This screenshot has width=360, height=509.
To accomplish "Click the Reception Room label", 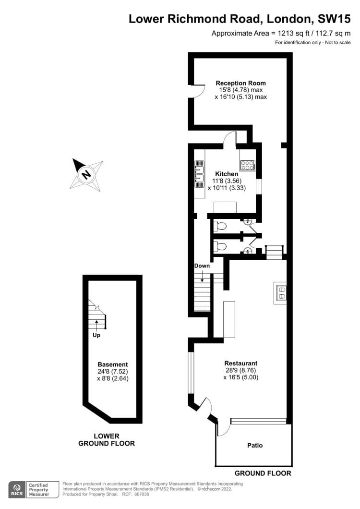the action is tap(240, 83).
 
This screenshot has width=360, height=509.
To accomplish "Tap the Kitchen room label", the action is tap(227, 174).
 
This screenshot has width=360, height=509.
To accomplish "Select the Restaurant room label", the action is tap(241, 363).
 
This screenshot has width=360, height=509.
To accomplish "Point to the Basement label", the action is tap(113, 364).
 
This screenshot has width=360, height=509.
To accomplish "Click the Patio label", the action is tap(255, 446).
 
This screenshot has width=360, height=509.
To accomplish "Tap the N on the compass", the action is tap(86, 174).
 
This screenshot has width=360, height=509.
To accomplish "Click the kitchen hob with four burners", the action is tap(247, 165).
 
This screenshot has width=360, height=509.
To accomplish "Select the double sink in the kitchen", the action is tap(199, 174).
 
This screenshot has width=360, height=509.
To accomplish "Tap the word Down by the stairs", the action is tap(202, 266).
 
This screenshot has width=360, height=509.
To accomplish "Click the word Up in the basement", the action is tap(96, 335).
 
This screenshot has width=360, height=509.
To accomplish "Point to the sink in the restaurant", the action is tap(280, 292).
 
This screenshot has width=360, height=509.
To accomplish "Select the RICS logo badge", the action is tap(17, 490).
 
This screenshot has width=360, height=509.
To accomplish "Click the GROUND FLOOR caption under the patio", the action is tap(263, 473).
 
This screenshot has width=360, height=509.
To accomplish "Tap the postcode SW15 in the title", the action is tap(334, 19).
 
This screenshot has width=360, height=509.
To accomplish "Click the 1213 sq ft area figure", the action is tap(290, 33).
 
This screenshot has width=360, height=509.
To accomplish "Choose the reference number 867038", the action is tap(142, 495).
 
